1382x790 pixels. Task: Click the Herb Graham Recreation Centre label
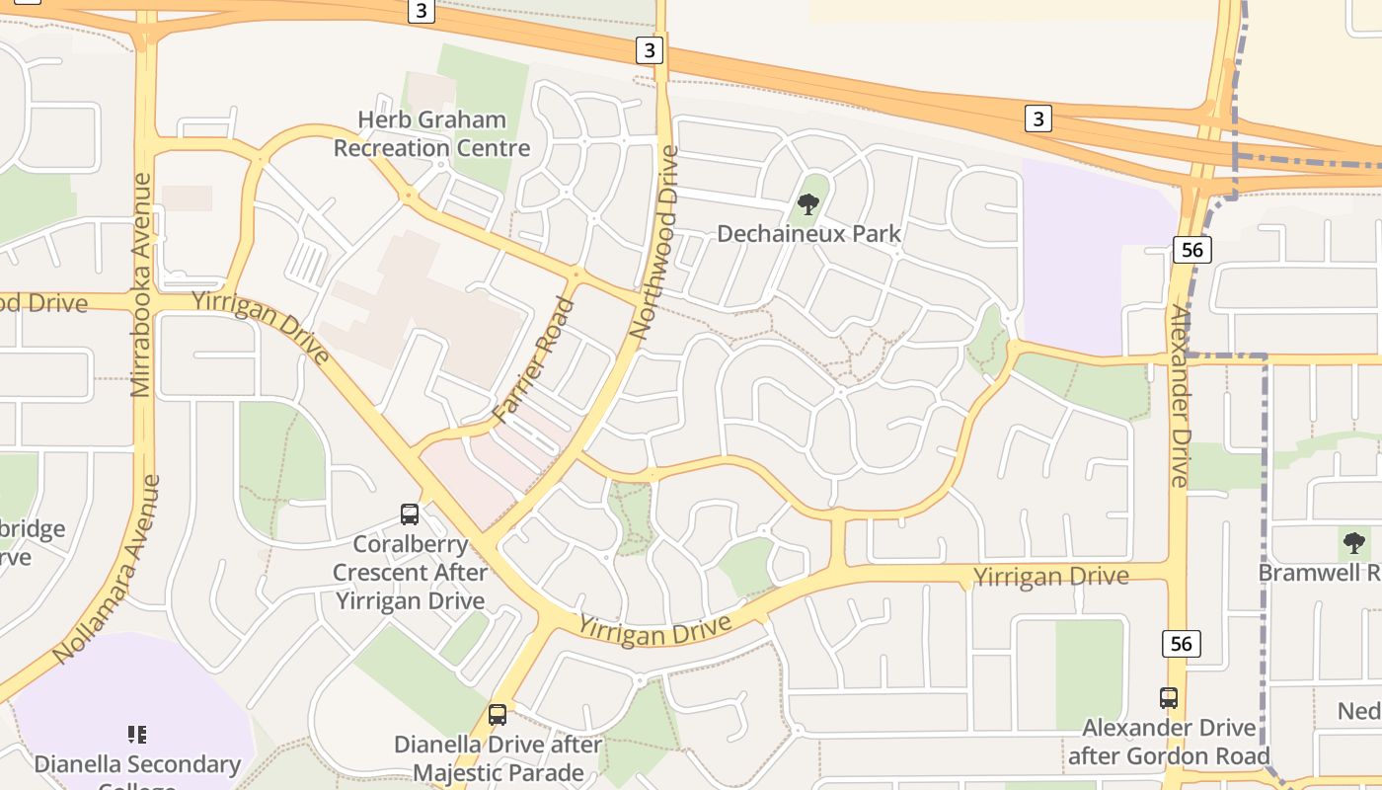[431, 134]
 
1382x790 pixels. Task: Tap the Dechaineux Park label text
[808, 234]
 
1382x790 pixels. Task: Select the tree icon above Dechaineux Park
[808, 205]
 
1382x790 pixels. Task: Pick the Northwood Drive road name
[655, 243]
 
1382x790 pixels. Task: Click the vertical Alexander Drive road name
[1180, 395]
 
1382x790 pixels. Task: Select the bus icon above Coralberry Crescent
[410, 513]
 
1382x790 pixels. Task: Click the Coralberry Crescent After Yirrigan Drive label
[410, 573]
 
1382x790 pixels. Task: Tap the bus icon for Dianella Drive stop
[498, 714]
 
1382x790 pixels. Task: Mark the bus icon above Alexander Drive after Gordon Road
[1169, 697]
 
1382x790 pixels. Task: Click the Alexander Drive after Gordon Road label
[1169, 742]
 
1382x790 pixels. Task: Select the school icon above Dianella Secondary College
[137, 734]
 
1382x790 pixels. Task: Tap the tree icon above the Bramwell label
[1354, 542]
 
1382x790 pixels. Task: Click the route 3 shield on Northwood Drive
[649, 50]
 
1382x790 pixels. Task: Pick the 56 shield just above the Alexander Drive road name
[1192, 249]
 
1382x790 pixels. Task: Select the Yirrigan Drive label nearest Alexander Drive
[1050, 576]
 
